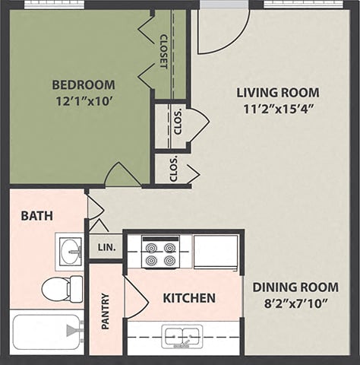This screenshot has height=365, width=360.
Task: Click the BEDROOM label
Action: click(84, 84)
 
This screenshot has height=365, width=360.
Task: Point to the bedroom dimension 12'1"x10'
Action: click(84, 100)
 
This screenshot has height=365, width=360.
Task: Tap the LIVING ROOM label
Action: click(277, 93)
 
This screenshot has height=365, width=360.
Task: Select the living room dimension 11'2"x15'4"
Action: click(277, 108)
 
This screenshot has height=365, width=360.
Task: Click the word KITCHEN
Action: click(189, 297)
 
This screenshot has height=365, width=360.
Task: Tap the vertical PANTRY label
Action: click(106, 311)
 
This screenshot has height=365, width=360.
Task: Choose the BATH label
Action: click(36, 216)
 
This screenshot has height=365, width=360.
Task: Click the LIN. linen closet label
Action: click(105, 248)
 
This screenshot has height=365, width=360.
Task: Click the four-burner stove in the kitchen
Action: click(160, 253)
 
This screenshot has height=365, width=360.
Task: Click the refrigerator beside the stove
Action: click(216, 252)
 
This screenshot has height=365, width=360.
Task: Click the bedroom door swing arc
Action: click(122, 176)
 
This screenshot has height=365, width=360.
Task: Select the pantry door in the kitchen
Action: click(134, 297)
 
